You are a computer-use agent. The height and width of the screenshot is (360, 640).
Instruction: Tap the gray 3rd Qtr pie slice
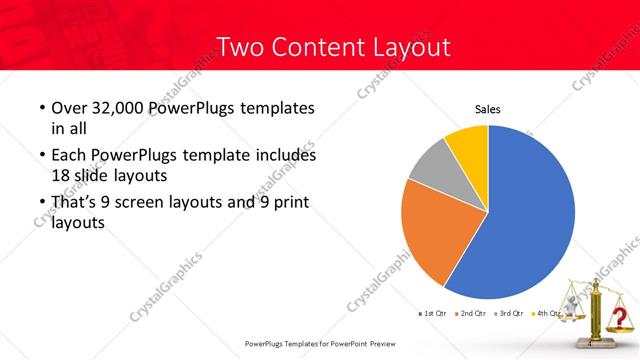[430, 165]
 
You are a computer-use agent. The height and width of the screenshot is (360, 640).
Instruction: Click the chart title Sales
[487, 110]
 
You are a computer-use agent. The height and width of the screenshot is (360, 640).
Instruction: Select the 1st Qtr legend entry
[432, 314]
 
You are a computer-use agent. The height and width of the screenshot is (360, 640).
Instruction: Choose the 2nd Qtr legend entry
[472, 314]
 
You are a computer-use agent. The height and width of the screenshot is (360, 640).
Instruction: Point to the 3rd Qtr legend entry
[510, 314]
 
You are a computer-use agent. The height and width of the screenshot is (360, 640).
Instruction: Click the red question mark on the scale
[620, 319]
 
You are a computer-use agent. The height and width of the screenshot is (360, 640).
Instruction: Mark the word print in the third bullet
[290, 203]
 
